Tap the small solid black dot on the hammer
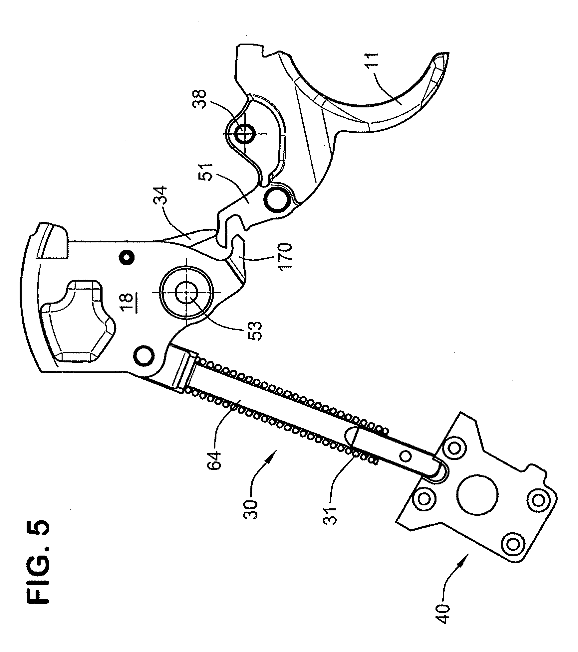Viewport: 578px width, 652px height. point(128,256)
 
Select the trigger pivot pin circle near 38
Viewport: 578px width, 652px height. point(244,134)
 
